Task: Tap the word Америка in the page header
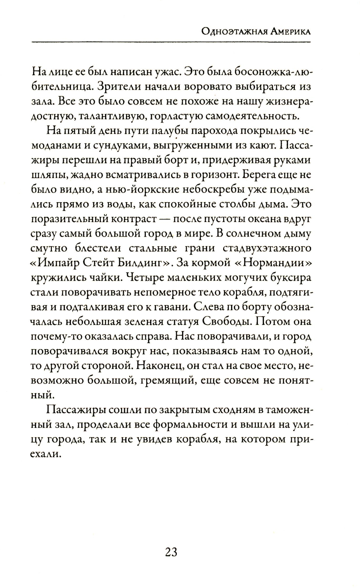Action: click(x=289, y=32)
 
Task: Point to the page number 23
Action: click(x=171, y=552)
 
